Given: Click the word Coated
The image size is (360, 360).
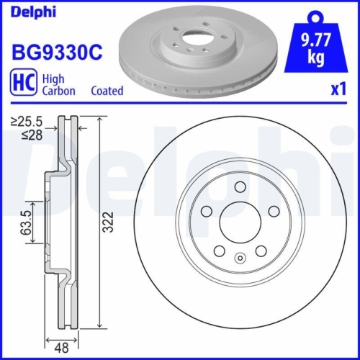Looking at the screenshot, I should click(x=107, y=91).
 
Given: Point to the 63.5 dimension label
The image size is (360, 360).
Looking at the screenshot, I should click(x=25, y=223).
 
